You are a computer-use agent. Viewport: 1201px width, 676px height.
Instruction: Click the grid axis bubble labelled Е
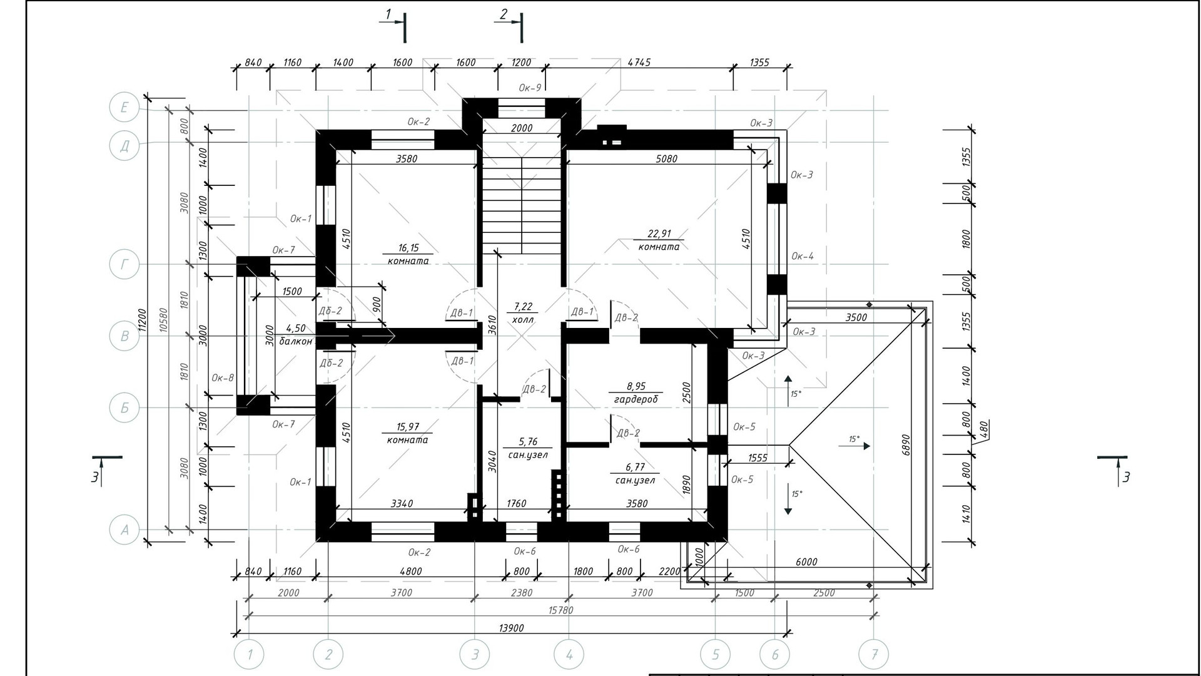pos(124,108)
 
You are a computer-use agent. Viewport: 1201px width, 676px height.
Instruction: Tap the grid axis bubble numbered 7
pos(874,655)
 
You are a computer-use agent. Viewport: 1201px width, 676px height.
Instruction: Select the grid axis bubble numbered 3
pos(475,655)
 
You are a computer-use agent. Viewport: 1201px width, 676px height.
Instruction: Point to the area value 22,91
pos(659,233)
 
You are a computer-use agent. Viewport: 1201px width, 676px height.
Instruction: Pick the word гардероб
pos(636,399)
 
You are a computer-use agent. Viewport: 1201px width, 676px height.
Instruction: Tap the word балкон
pos(296,341)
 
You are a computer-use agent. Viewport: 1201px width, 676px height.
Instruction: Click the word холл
pos(523,319)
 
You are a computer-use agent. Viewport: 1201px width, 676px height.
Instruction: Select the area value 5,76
pos(528,441)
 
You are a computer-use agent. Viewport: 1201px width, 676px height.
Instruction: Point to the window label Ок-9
pos(530,88)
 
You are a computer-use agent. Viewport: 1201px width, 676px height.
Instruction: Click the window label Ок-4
pos(803,255)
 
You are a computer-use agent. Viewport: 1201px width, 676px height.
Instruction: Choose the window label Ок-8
pos(223,377)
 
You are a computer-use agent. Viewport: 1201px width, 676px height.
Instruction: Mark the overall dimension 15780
pos(560,610)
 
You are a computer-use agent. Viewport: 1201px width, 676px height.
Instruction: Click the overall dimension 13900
pos(512,627)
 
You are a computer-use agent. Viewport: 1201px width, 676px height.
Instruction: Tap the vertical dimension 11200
pos(143,319)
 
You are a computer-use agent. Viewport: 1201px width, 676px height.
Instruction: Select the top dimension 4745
pos(639,62)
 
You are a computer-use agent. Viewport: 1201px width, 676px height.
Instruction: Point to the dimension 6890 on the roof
pos(906,445)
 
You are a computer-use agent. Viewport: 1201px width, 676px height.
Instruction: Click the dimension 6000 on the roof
pos(806,561)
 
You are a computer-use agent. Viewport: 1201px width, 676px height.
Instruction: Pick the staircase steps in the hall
pos(522,204)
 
